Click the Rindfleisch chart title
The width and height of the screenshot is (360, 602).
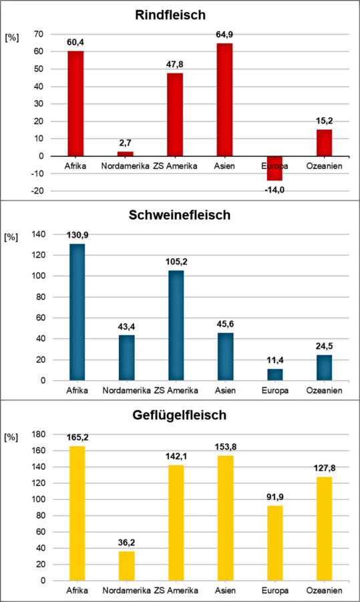[180, 14]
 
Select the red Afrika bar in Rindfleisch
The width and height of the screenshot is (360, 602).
[77, 103]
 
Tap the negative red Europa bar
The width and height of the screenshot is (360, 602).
[275, 168]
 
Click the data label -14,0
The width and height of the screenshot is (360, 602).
[275, 190]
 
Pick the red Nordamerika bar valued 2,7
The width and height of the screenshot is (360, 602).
[126, 154]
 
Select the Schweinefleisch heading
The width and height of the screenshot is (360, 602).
[180, 215]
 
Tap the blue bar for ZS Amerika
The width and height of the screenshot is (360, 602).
[176, 325]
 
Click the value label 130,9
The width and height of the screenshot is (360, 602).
[77, 235]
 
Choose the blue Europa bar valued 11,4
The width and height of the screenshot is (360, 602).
[275, 374]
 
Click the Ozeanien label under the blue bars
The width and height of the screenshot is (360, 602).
[324, 390]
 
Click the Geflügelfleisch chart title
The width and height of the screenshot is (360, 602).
[180, 414]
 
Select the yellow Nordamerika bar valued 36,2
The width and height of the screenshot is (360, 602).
[126, 565]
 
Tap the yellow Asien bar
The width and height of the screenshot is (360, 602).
[225, 518]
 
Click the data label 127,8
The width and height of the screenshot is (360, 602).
[324, 467]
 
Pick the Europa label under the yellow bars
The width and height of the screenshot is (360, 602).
[275, 591]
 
